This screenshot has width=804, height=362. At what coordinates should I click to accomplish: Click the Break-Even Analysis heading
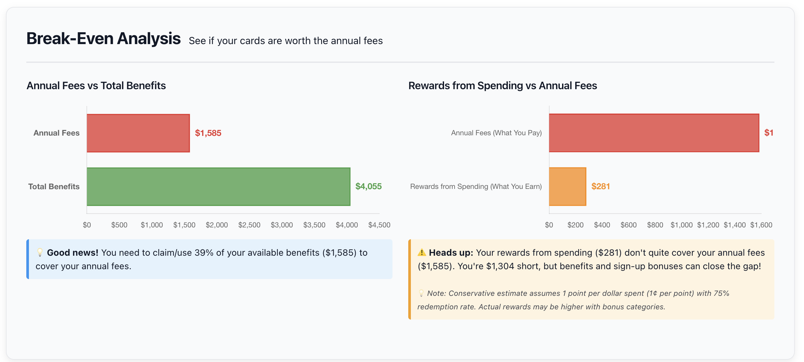103,39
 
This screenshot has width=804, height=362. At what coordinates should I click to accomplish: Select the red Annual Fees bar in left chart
138,133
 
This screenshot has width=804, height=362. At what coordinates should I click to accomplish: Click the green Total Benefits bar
218,187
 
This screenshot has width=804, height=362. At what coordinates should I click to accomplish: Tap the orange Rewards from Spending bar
567,187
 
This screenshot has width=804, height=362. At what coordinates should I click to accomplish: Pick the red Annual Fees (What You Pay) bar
654,133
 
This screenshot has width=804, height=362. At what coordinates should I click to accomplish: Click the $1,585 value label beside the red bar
208,133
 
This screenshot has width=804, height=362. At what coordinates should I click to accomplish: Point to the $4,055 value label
368,187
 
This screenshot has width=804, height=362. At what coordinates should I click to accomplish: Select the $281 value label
600,187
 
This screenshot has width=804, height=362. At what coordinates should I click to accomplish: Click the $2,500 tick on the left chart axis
249,225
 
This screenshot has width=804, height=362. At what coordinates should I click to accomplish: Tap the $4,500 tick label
379,225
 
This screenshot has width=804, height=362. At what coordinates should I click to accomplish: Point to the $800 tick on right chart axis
655,225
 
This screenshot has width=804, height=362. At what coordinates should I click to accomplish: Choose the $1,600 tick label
761,225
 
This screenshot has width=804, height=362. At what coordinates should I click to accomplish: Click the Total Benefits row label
54,187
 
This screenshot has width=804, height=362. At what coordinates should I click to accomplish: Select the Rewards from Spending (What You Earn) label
476,187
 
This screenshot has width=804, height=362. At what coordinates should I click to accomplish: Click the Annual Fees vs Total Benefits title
96,86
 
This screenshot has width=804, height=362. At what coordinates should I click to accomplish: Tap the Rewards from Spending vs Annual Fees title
502,86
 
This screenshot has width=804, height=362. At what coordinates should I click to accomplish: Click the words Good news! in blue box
73,253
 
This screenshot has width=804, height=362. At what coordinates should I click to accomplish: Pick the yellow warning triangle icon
421,253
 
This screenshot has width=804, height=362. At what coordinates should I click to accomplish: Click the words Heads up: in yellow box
451,253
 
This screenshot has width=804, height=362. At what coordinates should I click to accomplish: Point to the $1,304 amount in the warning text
500,266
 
